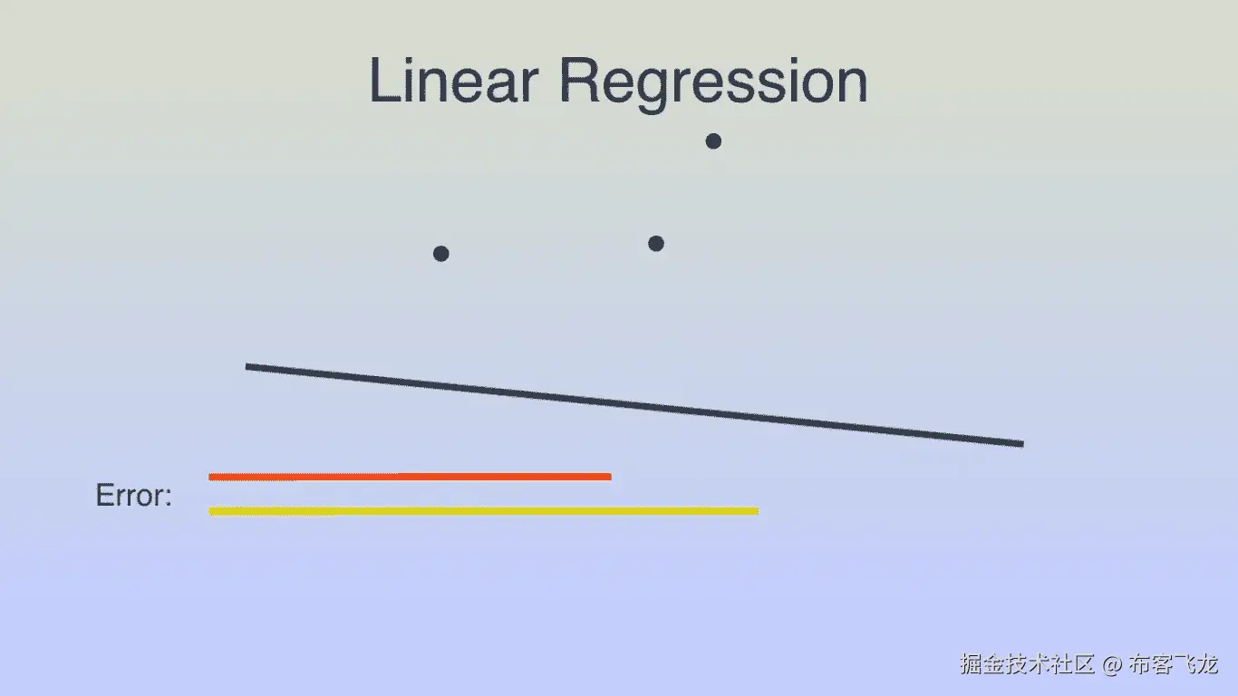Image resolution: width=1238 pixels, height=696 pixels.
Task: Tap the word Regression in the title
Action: pos(713,82)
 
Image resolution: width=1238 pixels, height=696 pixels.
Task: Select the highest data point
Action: pos(713,140)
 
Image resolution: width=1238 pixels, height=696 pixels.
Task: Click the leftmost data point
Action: pos(440,253)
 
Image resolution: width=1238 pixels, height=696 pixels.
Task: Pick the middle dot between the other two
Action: pos(656,243)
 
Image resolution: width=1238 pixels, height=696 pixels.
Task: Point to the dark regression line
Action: pos(634,405)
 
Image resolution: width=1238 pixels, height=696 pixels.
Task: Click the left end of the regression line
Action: pos(248,366)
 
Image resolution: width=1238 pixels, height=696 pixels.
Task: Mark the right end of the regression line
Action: pos(1020,443)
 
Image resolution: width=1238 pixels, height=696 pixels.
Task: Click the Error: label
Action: pos(133,496)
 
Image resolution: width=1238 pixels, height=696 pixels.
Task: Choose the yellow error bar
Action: pos(483,511)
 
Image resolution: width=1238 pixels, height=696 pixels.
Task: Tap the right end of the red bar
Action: pos(609,476)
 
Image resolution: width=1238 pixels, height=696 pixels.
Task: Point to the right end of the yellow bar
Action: pos(756,511)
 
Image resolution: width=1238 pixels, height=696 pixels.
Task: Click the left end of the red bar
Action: pos(211,476)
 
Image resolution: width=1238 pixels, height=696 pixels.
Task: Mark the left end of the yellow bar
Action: pos(211,511)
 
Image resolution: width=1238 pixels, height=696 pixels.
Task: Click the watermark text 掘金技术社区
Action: pos(1028,664)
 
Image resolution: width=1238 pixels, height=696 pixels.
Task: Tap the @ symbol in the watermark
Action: pos(1112,665)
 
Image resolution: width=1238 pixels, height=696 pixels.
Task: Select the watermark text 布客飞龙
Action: pos(1174,664)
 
